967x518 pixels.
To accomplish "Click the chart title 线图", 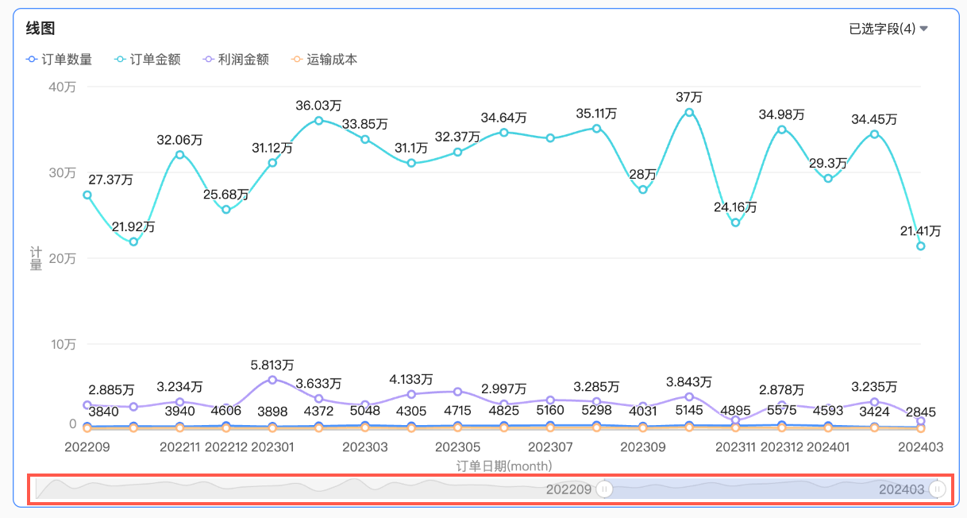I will pos(40,29).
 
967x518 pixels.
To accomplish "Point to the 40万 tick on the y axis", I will pos(63,87).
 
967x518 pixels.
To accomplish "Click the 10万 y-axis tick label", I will pos(63,344).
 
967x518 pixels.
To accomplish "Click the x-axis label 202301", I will pos(272,447).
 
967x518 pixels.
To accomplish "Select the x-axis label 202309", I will pos(643,447).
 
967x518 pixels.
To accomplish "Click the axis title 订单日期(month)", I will pos(504,466).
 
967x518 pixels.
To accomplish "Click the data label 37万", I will pos(689,97).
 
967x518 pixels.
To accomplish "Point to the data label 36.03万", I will pos(318,105).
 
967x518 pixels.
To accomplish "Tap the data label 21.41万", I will pos(921,231).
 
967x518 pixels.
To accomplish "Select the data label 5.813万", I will pos(272,365).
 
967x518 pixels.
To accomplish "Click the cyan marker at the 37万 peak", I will pos(689,112).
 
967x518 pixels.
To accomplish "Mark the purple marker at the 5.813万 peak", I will pos(272,380).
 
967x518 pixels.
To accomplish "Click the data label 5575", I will pos(782,412).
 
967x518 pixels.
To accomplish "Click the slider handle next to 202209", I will pos(605,489).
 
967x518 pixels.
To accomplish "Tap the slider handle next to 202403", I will pos(938,489).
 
